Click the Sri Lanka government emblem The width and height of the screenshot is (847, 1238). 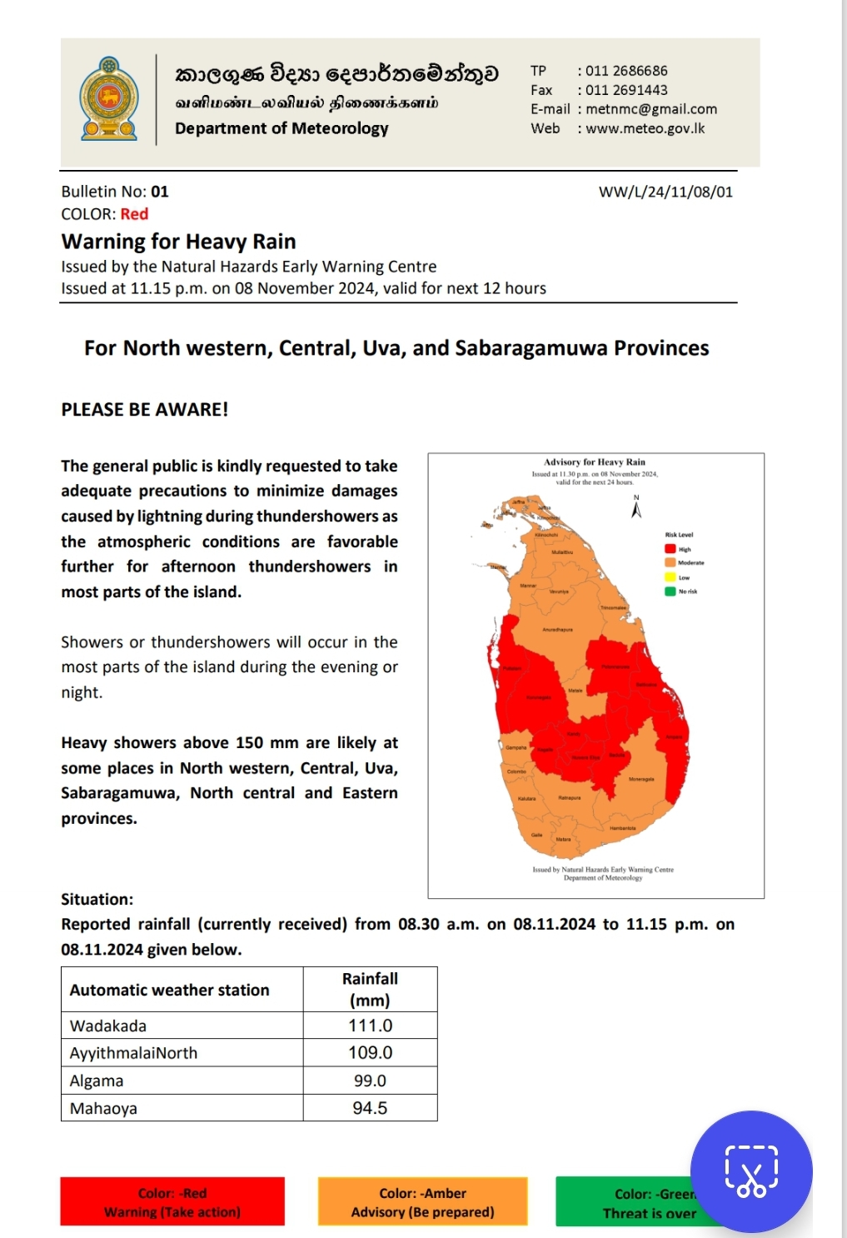(x=109, y=99)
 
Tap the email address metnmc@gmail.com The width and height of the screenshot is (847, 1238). (x=650, y=109)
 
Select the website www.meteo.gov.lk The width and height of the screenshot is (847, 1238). (x=645, y=128)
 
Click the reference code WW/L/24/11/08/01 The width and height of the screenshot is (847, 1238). (x=665, y=192)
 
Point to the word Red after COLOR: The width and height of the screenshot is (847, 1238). (x=134, y=214)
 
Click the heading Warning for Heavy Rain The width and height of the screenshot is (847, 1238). (x=178, y=242)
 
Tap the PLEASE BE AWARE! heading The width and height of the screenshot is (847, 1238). (x=144, y=409)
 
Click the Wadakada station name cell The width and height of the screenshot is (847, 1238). (x=108, y=1026)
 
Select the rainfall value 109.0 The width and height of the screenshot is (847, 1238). (x=370, y=1052)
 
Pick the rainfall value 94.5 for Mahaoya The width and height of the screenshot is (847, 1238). (x=370, y=1108)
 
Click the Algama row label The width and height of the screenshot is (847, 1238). (x=97, y=1081)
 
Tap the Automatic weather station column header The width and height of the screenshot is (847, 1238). (x=170, y=990)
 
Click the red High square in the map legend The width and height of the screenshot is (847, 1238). (x=670, y=549)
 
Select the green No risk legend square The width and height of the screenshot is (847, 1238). (x=670, y=592)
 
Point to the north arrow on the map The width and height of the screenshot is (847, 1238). (x=636, y=508)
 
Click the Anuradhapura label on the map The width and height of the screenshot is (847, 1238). (x=557, y=630)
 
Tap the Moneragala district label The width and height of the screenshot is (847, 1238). (x=641, y=779)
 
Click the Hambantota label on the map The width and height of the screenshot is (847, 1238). (x=622, y=828)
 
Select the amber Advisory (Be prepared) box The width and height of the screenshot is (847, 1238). (x=422, y=1202)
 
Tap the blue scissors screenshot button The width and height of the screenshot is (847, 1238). (x=751, y=1171)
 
